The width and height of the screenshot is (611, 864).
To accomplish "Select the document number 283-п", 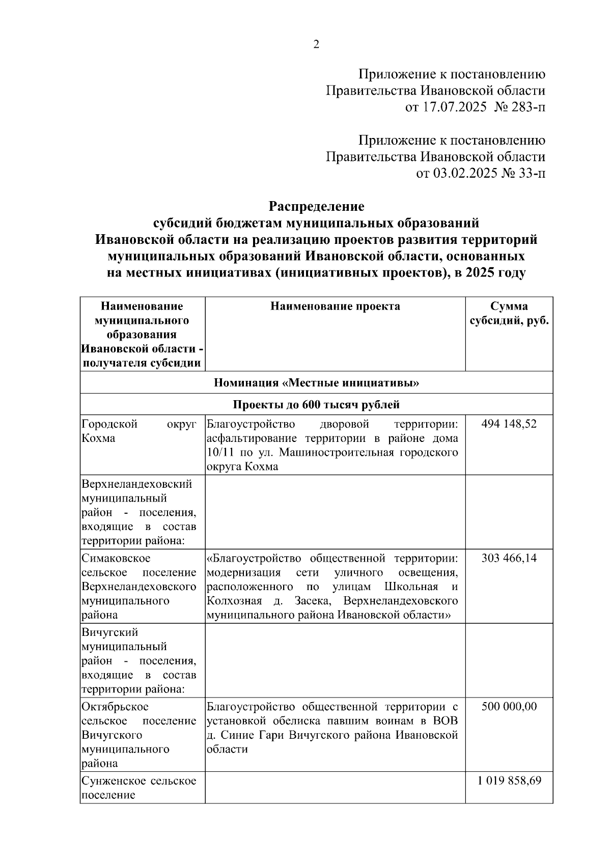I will coord(525,107).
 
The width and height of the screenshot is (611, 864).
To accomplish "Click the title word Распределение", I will coord(316,207).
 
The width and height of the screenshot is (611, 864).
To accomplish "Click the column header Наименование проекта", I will coord(335,306).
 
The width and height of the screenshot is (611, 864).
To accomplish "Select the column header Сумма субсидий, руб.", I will coord(509,314).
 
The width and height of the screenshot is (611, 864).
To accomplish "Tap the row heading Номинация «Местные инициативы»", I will coord(316,383).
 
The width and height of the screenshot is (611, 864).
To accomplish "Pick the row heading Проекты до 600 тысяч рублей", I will coord(316,405).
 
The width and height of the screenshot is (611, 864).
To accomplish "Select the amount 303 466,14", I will coord(509,559).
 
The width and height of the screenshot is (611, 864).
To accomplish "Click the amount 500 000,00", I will coord(509,707).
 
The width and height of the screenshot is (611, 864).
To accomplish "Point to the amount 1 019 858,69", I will coord(509,781).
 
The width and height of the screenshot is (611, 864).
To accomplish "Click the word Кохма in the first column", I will coord(98,438).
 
